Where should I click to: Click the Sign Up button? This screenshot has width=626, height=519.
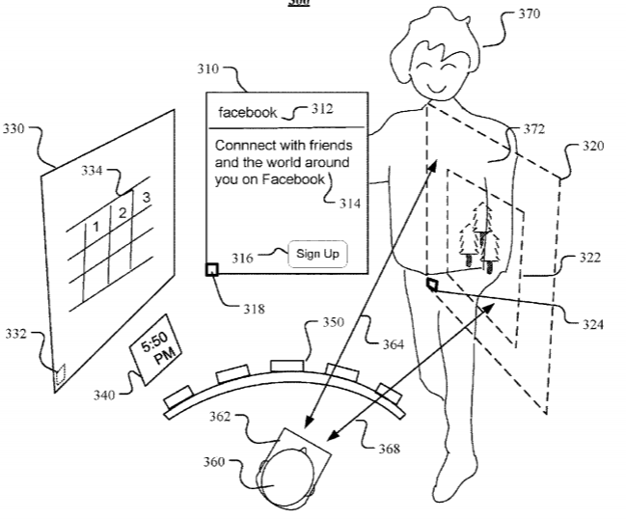(x=317, y=254)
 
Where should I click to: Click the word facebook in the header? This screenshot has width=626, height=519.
(x=248, y=113)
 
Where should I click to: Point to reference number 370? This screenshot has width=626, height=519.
(x=528, y=14)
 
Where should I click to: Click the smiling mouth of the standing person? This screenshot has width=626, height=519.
(x=440, y=88)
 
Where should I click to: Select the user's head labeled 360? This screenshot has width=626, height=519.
(x=286, y=479)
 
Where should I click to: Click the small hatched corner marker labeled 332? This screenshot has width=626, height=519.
(x=60, y=371)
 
